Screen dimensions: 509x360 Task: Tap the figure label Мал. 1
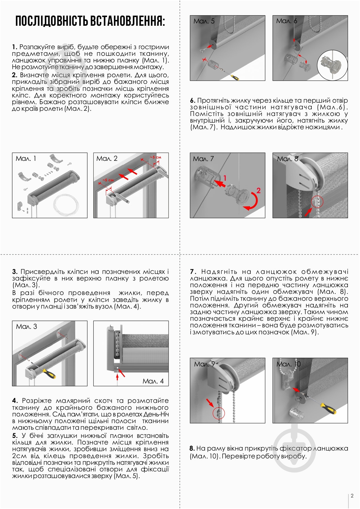click(x=26, y=158)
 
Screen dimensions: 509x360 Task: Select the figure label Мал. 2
click(x=107, y=158)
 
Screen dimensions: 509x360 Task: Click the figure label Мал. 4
click(x=153, y=381)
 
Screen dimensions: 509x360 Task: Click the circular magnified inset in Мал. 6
click(x=332, y=66)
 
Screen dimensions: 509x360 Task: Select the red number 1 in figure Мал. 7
click(x=225, y=178)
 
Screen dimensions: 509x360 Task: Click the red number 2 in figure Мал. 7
click(x=258, y=190)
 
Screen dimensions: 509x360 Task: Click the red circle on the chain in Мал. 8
click(x=317, y=202)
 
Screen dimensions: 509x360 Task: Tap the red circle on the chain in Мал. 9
click(x=219, y=413)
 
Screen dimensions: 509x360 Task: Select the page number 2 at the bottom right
click(x=352, y=496)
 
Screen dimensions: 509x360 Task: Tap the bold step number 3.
click(x=15, y=272)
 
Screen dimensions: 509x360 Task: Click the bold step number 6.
click(x=193, y=101)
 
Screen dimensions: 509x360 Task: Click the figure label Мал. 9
click(x=204, y=364)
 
